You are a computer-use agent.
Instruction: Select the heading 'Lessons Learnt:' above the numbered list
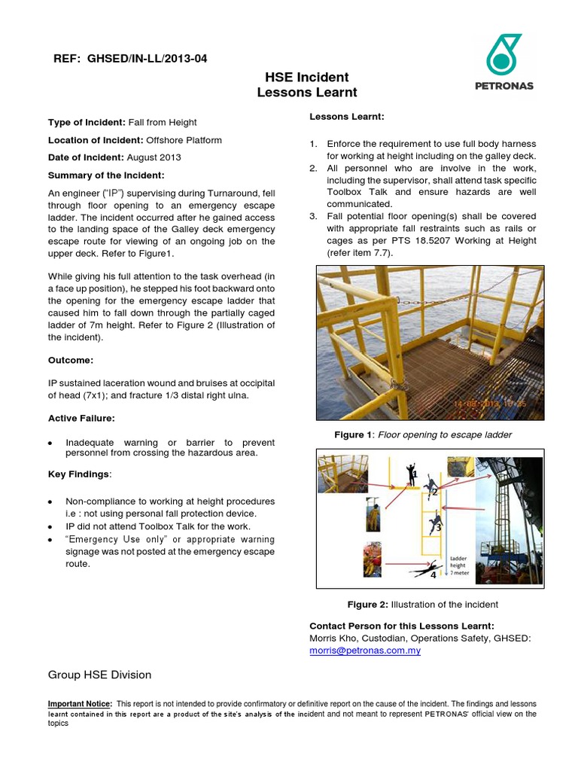347,117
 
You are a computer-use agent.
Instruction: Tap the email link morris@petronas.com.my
365,651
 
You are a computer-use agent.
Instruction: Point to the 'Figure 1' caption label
354,434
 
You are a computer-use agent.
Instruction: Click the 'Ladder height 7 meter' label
460,565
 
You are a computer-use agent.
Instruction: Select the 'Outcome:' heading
71,360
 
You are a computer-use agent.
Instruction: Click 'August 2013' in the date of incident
154,157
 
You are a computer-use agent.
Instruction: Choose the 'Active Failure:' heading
81,418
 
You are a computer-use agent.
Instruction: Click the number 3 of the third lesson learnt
313,217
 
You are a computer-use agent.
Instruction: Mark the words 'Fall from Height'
162,122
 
